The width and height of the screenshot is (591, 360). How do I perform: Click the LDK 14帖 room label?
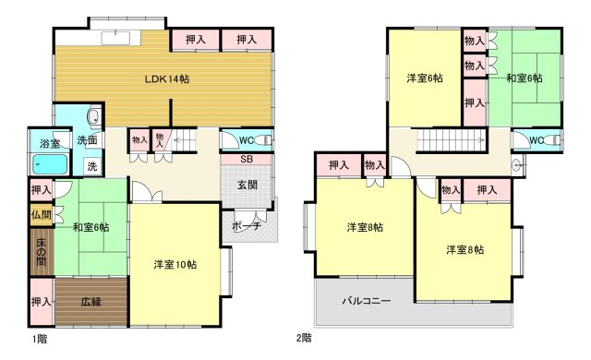point(167,79)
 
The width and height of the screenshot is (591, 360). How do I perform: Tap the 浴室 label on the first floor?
point(50,143)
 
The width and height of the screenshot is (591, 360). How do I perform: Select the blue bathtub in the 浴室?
point(50,164)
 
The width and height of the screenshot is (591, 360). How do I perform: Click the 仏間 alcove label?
point(42,215)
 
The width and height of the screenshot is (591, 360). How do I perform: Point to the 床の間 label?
point(42,252)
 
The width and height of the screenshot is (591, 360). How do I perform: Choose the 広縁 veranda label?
point(90,302)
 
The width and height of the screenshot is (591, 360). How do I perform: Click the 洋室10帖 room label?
point(175,264)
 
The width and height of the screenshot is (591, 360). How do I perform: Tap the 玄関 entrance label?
point(247,185)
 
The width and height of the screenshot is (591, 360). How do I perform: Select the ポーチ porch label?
point(247,226)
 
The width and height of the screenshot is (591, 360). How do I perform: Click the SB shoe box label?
point(247,159)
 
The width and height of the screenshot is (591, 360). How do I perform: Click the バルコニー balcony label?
point(367,301)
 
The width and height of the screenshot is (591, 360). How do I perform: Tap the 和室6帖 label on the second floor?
point(525,78)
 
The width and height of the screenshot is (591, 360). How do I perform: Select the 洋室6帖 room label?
point(425,78)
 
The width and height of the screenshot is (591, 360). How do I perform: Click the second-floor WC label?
point(537,140)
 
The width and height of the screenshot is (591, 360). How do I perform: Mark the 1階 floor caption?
point(40,339)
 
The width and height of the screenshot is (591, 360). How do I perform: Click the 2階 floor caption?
point(304,338)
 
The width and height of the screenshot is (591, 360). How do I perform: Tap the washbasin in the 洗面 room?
point(94,116)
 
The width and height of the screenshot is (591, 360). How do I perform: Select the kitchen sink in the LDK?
point(115,38)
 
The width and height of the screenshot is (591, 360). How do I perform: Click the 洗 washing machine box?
point(92,166)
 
